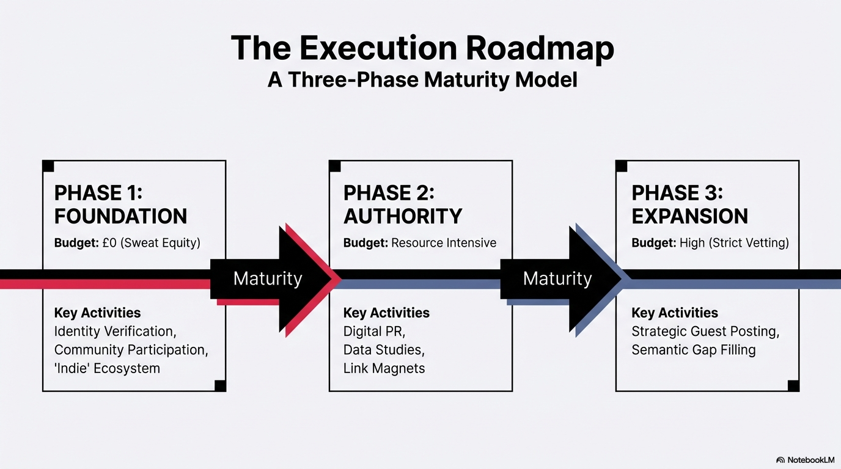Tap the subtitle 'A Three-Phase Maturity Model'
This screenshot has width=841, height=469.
pyautogui.click(x=422, y=80)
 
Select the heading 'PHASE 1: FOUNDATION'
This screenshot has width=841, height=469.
pyautogui.click(x=120, y=205)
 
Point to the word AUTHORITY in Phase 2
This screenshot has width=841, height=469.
pyautogui.click(x=403, y=216)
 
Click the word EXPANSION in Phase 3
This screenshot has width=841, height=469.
pyautogui.click(x=689, y=216)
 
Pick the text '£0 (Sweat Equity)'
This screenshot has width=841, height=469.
pyautogui.click(x=151, y=243)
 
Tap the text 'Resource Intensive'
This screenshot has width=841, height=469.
pyautogui.click(x=444, y=243)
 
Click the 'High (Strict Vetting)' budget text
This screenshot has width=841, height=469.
pyautogui.click(x=734, y=243)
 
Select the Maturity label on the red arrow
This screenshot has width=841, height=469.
pyautogui.click(x=268, y=279)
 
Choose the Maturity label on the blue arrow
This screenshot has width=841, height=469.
pyautogui.click(x=557, y=279)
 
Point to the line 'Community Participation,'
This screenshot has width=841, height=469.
pyautogui.click(x=131, y=350)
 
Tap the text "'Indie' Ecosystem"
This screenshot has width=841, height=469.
pyautogui.click(x=107, y=368)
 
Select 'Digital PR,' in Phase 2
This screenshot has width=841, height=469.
pyautogui.click(x=374, y=332)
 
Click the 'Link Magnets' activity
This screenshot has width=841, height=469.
pyautogui.click(x=384, y=368)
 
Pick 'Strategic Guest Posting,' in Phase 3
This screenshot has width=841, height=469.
pyautogui.click(x=705, y=332)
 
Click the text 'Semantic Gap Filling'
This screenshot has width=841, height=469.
pyautogui.click(x=693, y=350)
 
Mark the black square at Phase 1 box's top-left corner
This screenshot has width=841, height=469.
pyautogui.click(x=48, y=166)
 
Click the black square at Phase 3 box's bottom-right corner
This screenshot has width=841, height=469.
pyautogui.click(x=793, y=385)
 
